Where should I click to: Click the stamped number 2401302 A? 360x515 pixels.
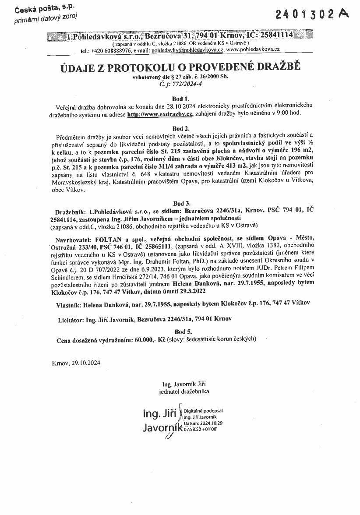(312, 14)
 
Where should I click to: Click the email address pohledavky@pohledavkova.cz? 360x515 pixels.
(187, 50)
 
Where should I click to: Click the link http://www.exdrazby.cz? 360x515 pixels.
(160, 114)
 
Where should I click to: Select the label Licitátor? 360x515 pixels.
(71, 320)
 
